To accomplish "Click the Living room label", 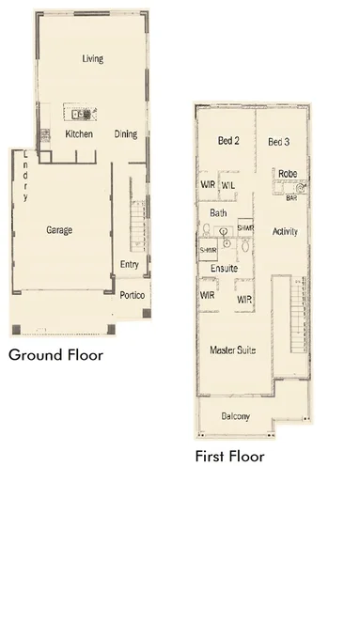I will (x=92, y=59).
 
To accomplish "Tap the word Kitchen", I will (x=79, y=134).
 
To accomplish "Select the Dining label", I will (x=126, y=134).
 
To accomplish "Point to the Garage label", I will (x=59, y=229).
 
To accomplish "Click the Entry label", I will (x=129, y=265).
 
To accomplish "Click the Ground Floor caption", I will (x=55, y=356).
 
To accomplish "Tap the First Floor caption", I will (x=229, y=457).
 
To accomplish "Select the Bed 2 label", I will (x=229, y=142).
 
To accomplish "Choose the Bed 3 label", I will (x=278, y=142).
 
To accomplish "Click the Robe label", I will (x=287, y=174).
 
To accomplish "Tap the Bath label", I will (x=218, y=213).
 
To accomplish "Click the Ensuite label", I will (x=224, y=269).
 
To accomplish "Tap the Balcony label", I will (x=236, y=416).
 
